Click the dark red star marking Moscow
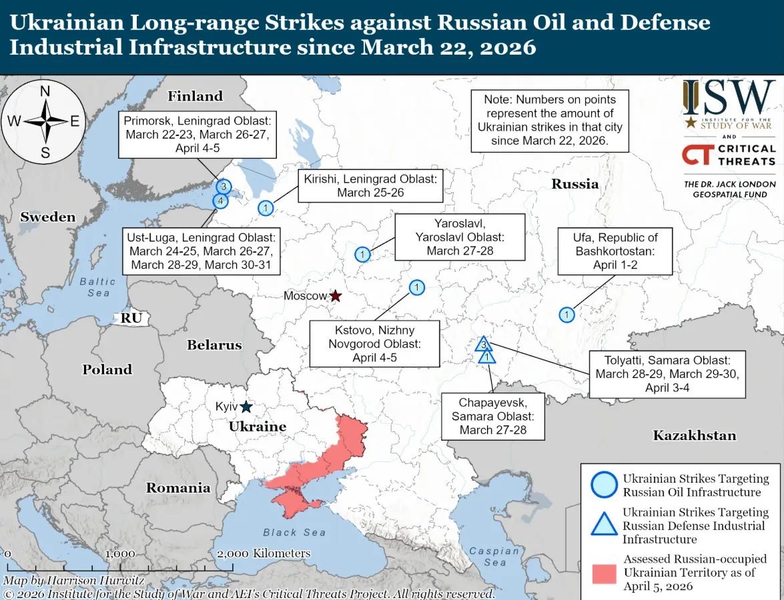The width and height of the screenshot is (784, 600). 336,295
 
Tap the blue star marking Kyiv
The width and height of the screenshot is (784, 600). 246,407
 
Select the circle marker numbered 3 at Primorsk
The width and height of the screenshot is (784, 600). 224,187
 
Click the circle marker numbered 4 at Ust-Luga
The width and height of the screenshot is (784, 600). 220,200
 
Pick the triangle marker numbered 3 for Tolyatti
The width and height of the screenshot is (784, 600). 484,345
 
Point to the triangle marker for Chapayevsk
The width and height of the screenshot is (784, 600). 488,357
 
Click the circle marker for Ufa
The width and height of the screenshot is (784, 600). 566,315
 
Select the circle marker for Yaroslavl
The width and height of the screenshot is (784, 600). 362,255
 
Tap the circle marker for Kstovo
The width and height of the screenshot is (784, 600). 416,287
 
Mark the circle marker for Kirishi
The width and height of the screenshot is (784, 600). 266,208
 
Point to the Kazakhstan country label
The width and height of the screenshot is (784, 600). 694,436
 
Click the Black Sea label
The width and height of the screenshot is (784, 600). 294,532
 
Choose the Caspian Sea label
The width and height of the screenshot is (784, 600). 494,556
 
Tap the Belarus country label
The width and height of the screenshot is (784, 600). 214,345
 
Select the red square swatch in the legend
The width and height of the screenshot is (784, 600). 604,573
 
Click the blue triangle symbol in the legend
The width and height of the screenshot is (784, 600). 604,525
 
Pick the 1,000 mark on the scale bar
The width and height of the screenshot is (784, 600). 120,553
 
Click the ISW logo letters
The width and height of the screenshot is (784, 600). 729,99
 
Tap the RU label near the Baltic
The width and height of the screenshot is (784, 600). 131,319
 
